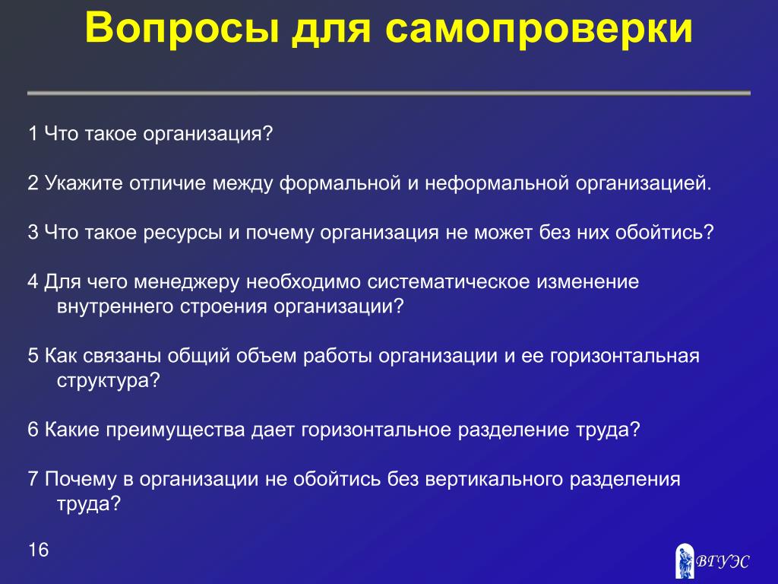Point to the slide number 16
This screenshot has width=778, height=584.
[x=38, y=550]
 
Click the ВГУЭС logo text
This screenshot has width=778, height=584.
[x=723, y=561]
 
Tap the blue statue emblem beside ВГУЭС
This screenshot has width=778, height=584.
[x=685, y=560]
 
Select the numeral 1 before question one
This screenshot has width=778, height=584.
[x=33, y=134]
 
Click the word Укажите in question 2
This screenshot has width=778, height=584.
[x=84, y=183]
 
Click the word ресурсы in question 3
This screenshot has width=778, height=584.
[x=182, y=233]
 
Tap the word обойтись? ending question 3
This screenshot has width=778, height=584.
[x=664, y=233]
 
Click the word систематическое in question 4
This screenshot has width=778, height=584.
[x=448, y=282]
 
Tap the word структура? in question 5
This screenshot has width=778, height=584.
[x=109, y=381]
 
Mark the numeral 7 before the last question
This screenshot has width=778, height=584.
[x=33, y=479]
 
